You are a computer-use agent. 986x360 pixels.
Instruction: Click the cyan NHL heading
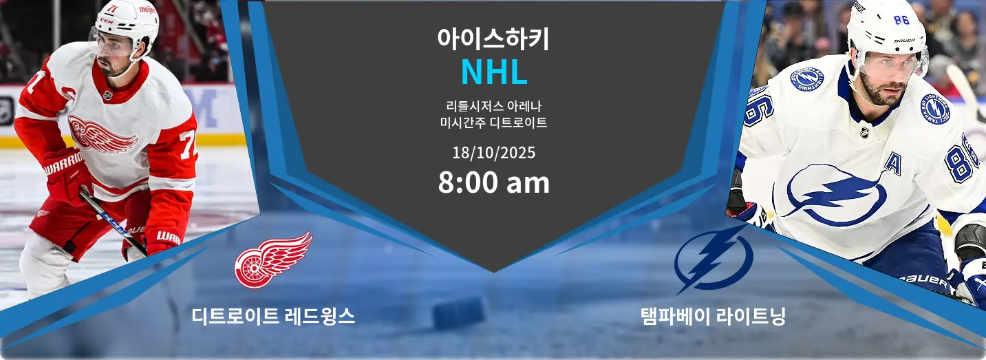point(494,72)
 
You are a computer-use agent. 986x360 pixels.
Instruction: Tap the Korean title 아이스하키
point(493,39)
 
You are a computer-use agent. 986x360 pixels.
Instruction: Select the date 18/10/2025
point(494,153)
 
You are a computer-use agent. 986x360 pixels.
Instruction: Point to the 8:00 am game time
point(494,182)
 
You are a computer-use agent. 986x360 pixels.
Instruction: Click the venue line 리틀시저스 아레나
point(494,106)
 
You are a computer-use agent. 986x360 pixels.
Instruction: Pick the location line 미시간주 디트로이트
point(494,123)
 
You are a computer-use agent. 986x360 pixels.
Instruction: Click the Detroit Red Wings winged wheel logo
point(273,260)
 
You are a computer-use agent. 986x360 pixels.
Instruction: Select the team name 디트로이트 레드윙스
point(273,316)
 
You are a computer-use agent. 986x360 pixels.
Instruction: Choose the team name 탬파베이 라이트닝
point(713,316)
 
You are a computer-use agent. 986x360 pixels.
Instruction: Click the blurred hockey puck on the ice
point(459,313)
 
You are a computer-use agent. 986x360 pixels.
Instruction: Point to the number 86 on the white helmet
point(901,20)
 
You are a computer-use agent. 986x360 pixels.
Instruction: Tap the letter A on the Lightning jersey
point(892,163)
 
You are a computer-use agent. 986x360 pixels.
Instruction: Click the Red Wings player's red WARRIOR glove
point(66,174)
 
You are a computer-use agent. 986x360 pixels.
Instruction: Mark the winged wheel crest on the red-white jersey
point(101,134)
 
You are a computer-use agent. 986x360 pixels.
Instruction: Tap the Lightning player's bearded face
point(887,79)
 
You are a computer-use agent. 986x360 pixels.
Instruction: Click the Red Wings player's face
point(112,59)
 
